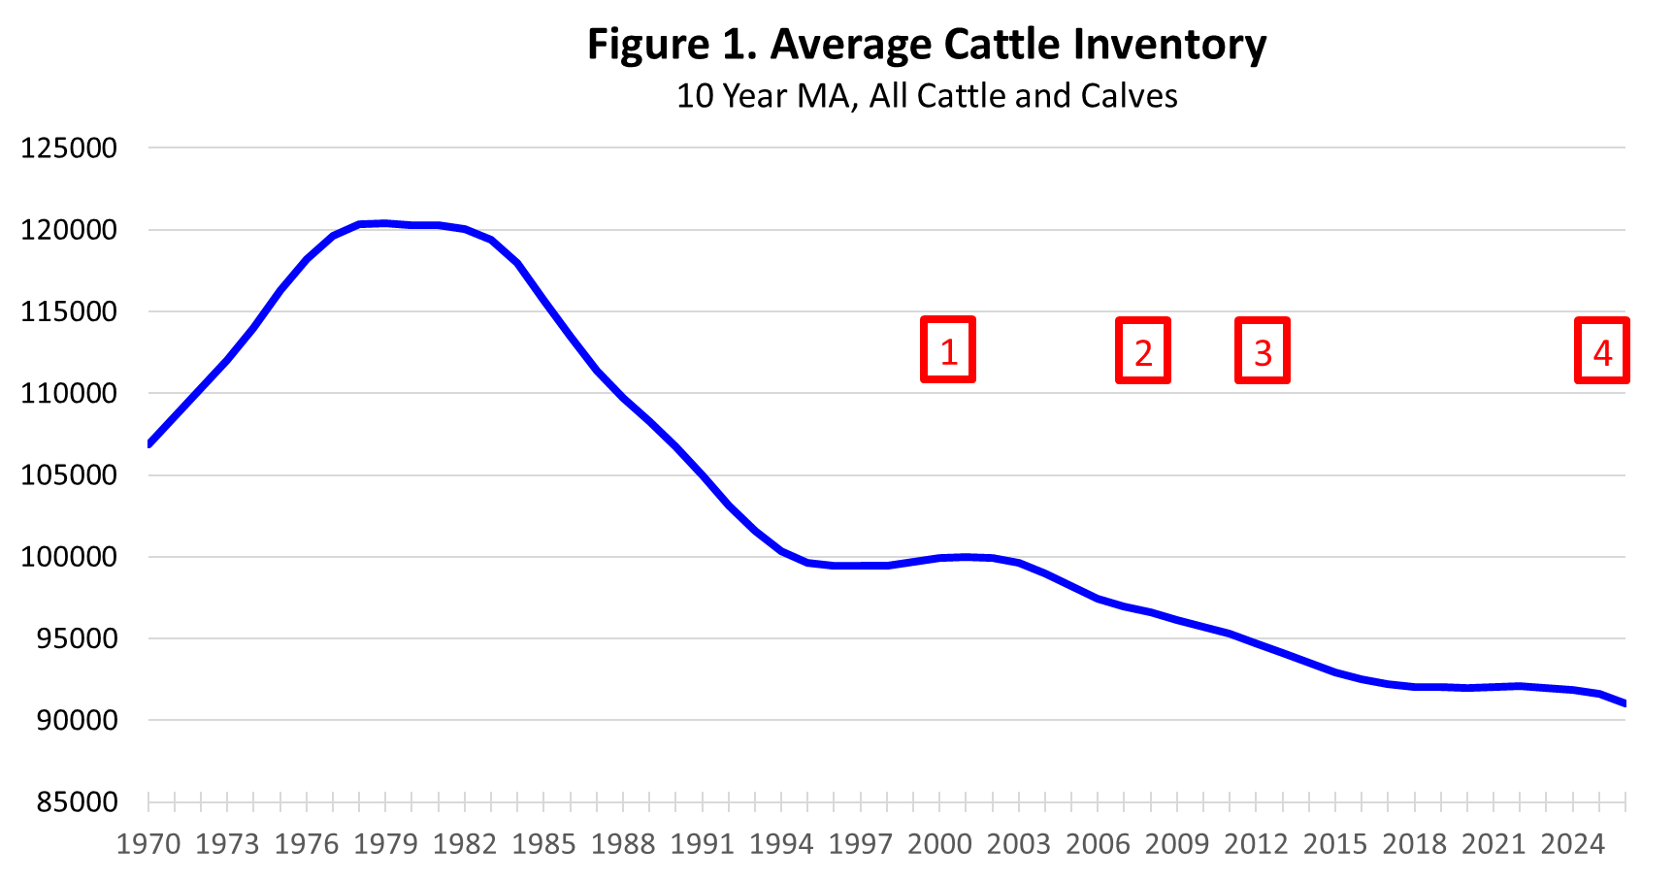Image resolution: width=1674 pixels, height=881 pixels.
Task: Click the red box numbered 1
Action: (948, 350)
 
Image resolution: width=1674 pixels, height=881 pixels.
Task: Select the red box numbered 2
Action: (1143, 351)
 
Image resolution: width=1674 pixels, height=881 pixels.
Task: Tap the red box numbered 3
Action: (1262, 351)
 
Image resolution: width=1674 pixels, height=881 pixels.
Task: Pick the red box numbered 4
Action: (1601, 351)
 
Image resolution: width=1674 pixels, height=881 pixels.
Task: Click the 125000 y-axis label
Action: (69, 148)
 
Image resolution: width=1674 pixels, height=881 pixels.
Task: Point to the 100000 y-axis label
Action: (69, 557)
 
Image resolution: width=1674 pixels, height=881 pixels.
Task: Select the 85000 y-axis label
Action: (77, 802)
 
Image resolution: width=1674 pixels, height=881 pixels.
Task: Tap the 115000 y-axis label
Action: (69, 312)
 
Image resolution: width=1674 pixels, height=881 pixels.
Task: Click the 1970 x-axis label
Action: (148, 844)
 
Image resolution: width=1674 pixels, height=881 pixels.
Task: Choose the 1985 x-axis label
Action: (544, 844)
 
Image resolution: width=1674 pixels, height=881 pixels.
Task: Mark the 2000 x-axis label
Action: (939, 844)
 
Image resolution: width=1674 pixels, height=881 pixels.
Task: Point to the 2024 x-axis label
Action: (1573, 844)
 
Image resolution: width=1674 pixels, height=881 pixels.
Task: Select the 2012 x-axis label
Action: (1256, 844)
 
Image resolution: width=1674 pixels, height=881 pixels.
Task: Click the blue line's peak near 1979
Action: (385, 223)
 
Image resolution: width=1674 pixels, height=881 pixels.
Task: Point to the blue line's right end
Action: (1625, 703)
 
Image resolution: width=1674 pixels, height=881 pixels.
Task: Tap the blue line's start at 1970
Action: (149, 443)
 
